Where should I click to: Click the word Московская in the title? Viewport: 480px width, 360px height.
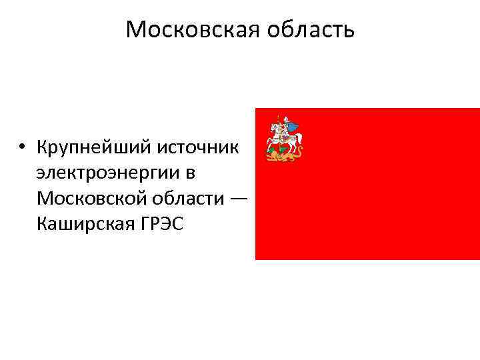(187, 29)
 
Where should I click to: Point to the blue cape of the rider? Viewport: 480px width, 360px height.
(291, 125)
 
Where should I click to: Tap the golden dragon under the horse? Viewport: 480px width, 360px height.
(283, 156)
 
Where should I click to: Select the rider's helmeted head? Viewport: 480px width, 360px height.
(285, 119)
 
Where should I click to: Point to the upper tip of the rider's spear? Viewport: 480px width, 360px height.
(278, 116)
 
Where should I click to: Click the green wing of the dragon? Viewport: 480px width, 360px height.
(273, 150)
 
